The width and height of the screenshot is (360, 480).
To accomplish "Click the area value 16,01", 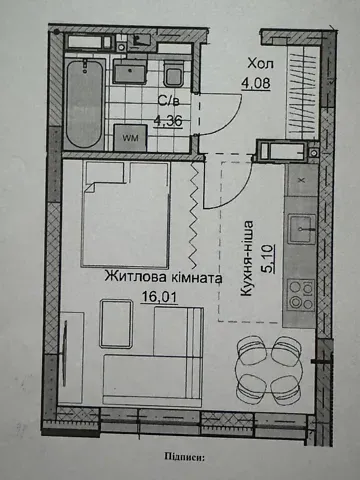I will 156,298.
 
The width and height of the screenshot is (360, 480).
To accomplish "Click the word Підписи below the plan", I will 181,458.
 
